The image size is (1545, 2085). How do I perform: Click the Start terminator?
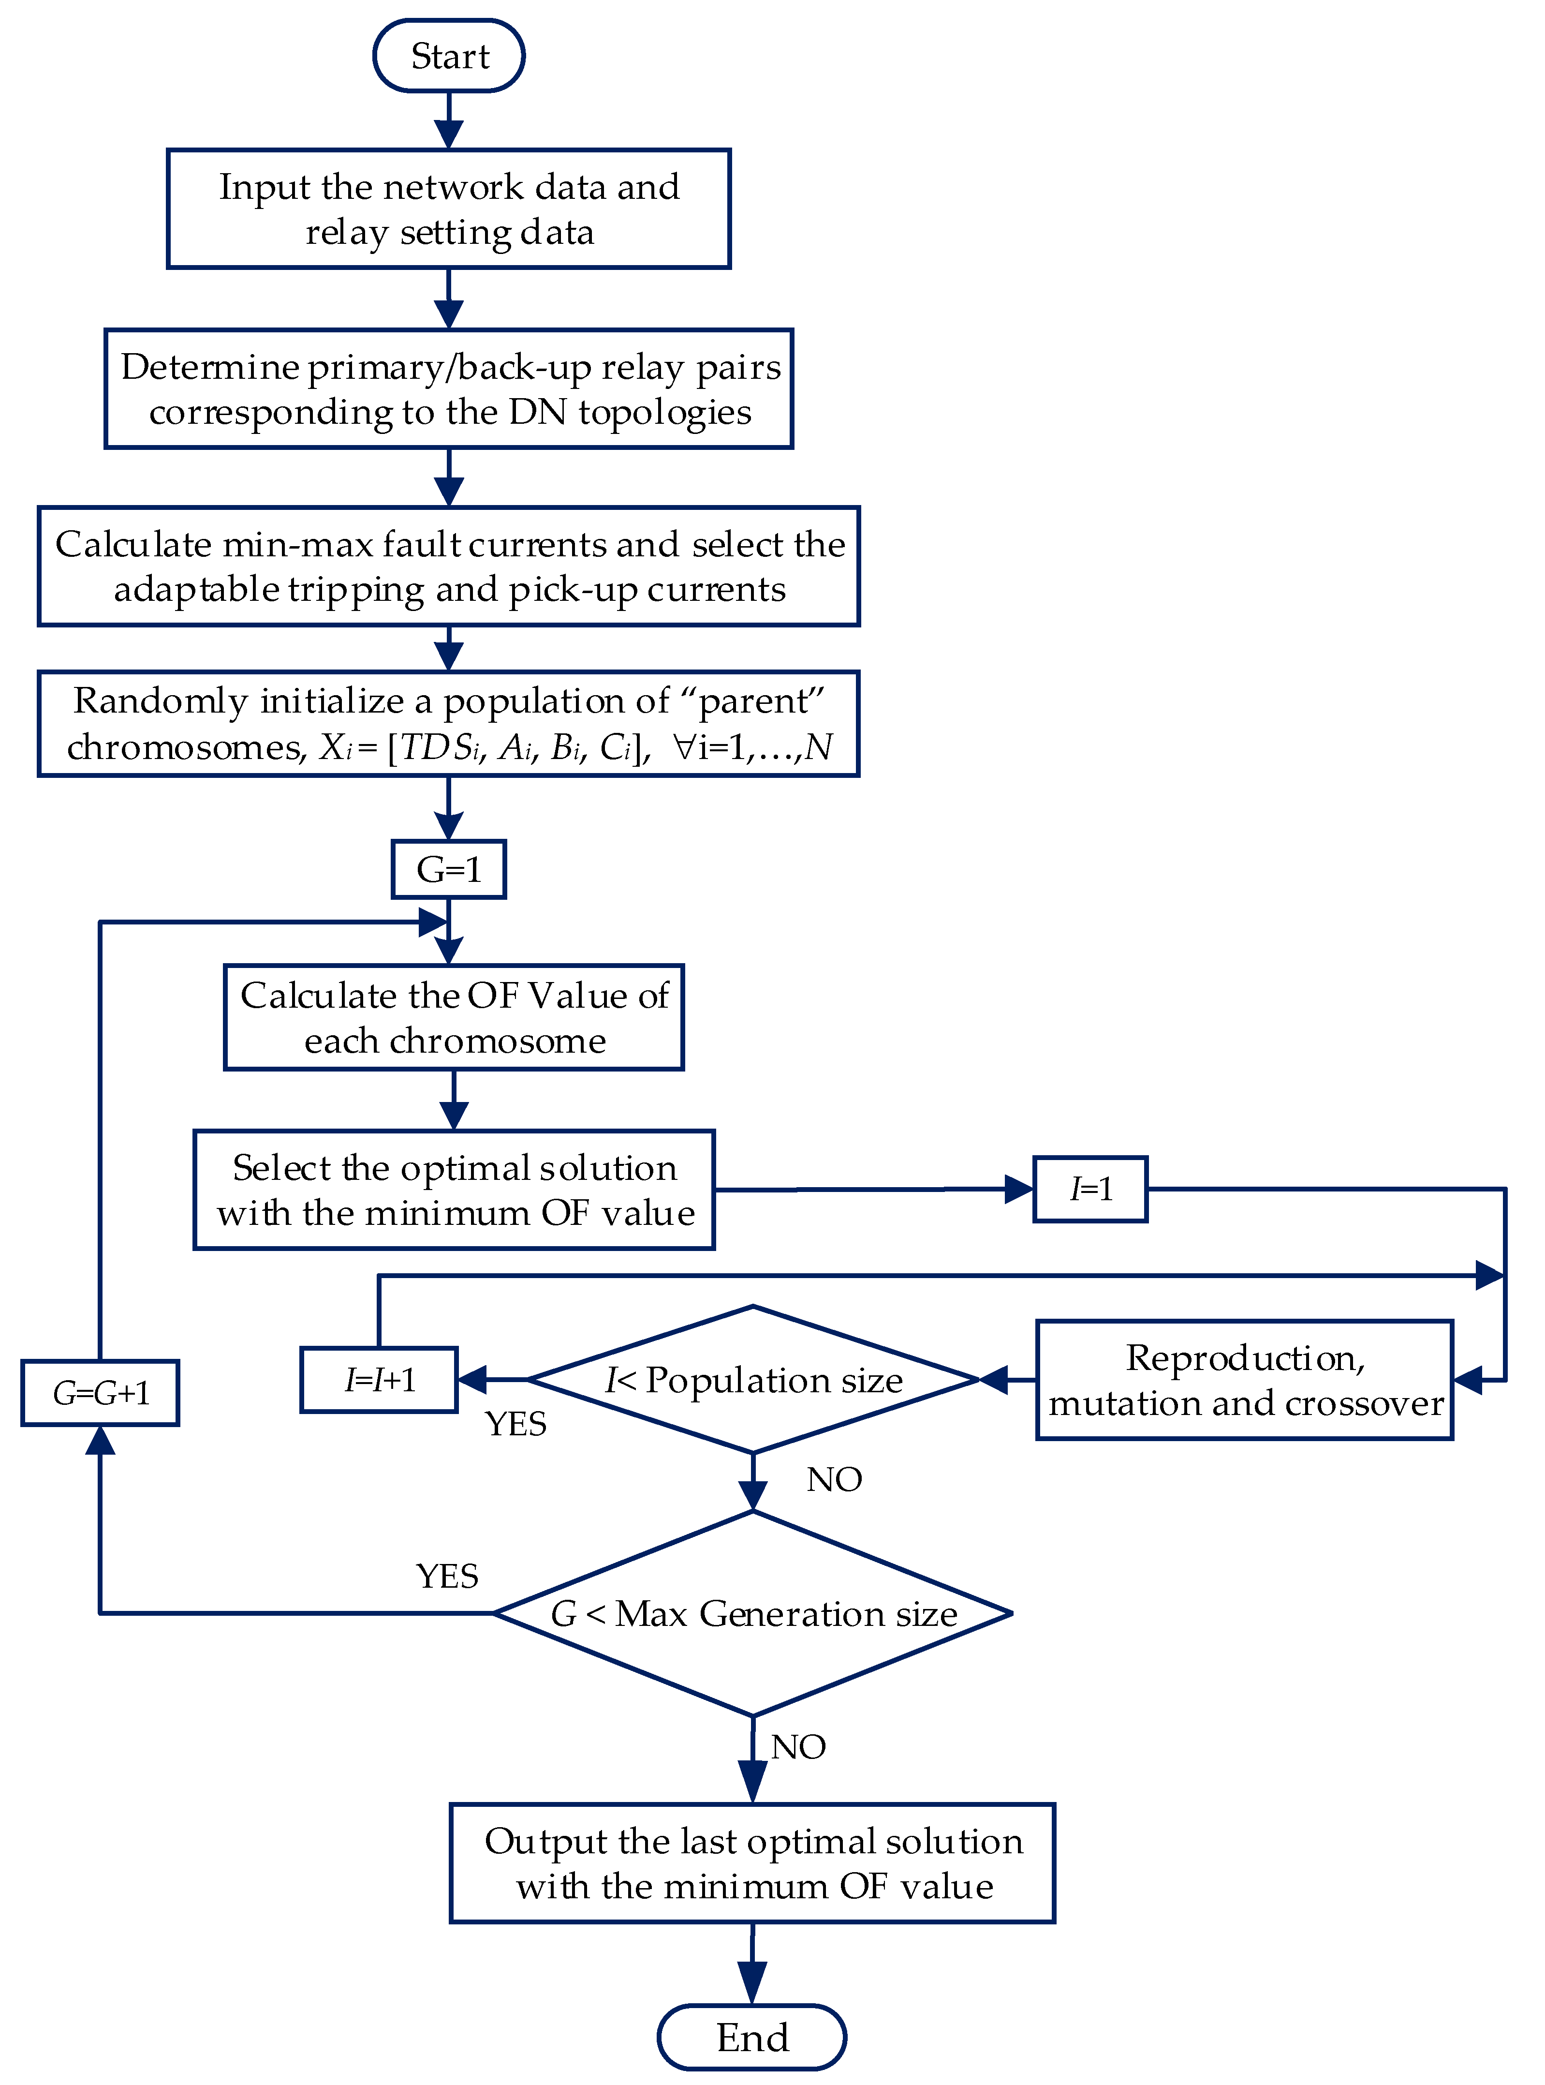[x=449, y=56]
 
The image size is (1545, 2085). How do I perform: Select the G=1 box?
[x=449, y=869]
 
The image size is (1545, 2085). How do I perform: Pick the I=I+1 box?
[x=379, y=1380]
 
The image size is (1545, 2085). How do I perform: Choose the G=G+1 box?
[x=100, y=1393]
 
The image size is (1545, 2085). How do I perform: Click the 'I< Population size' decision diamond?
[x=753, y=1380]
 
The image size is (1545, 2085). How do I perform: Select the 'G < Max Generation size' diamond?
[x=753, y=1613]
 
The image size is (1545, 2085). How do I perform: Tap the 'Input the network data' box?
[x=449, y=208]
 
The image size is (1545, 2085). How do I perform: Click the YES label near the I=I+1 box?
[x=515, y=1424]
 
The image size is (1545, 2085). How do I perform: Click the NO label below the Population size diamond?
[x=834, y=1479]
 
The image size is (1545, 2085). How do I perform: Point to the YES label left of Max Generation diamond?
[x=447, y=1576]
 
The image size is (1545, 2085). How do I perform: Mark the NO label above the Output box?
[x=798, y=1746]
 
